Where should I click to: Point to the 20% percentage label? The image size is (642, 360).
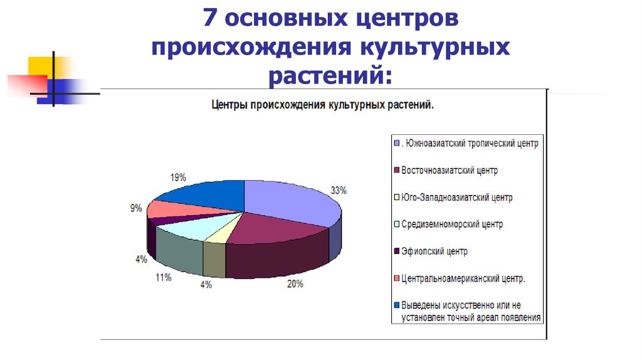(295, 284)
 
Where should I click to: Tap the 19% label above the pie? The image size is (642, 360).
(178, 177)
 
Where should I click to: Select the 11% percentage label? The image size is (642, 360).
(164, 277)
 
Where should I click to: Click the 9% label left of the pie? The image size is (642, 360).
(136, 208)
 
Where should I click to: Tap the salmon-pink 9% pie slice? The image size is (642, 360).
(164, 209)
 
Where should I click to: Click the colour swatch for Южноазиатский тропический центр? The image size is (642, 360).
(397, 143)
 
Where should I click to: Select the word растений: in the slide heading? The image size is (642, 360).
(330, 77)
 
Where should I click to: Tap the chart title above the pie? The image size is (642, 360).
(322, 106)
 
